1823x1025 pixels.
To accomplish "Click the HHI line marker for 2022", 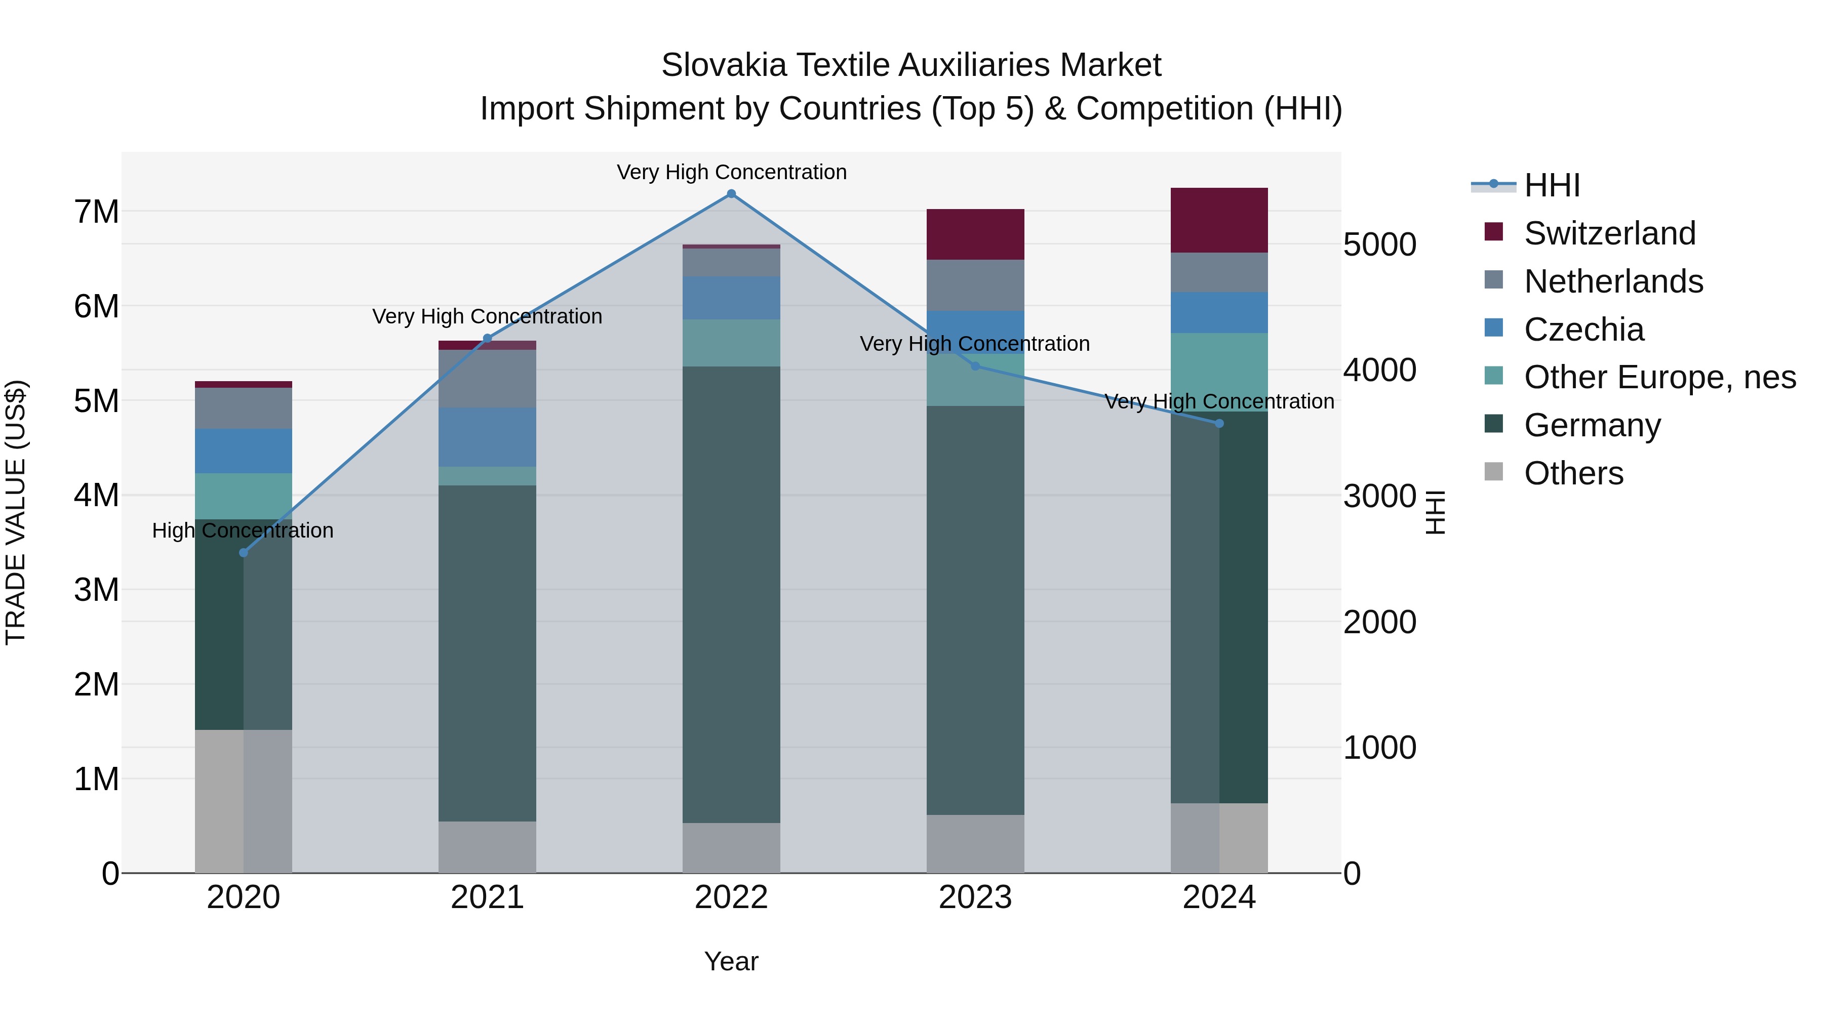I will point(731,194).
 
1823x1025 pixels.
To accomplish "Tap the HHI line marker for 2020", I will point(244,552).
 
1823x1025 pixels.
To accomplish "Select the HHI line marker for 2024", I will point(1219,424).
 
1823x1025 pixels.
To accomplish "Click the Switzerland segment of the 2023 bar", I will point(975,234).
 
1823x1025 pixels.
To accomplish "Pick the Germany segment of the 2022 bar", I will point(731,594).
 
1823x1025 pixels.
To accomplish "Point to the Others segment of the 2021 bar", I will point(487,847).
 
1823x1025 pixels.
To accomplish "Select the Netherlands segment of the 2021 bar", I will point(487,379).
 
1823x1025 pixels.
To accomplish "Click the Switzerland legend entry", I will point(1609,233).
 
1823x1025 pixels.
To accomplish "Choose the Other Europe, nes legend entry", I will point(1659,377).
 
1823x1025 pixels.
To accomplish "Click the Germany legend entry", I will point(1592,425).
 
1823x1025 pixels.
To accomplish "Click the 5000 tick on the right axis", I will point(1379,245).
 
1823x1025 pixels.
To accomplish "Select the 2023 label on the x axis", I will point(975,897).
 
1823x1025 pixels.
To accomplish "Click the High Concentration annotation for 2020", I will point(243,530).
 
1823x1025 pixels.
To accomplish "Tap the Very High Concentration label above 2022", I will point(731,172).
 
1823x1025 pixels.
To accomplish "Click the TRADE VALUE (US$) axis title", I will point(16,512).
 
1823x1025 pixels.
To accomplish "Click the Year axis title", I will point(731,961).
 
